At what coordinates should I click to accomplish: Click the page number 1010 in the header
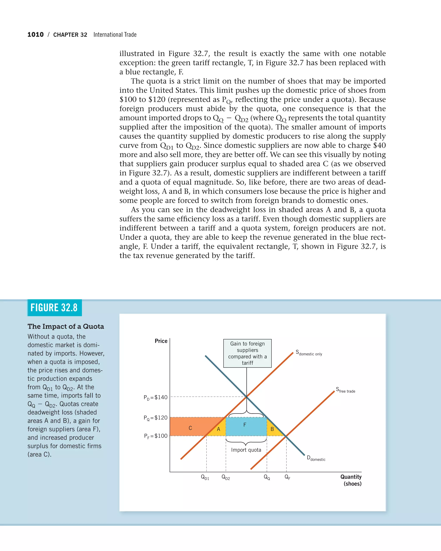[36, 34]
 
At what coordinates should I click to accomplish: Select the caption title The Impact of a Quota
[66, 326]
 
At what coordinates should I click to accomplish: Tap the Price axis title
[161, 341]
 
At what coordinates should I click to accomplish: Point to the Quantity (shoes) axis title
[351, 480]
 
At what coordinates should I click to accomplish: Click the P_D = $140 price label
[155, 397]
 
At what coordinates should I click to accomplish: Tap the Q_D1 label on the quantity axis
[205, 477]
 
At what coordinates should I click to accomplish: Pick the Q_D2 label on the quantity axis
[226, 477]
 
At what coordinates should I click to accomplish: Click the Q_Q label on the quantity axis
[267, 477]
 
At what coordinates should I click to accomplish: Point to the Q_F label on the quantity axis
[287, 477]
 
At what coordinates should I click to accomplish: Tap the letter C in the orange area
[190, 428]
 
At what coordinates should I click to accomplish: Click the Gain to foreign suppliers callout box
[247, 353]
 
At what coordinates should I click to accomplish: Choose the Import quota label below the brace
[246, 450]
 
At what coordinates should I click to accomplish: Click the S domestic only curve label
[309, 353]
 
